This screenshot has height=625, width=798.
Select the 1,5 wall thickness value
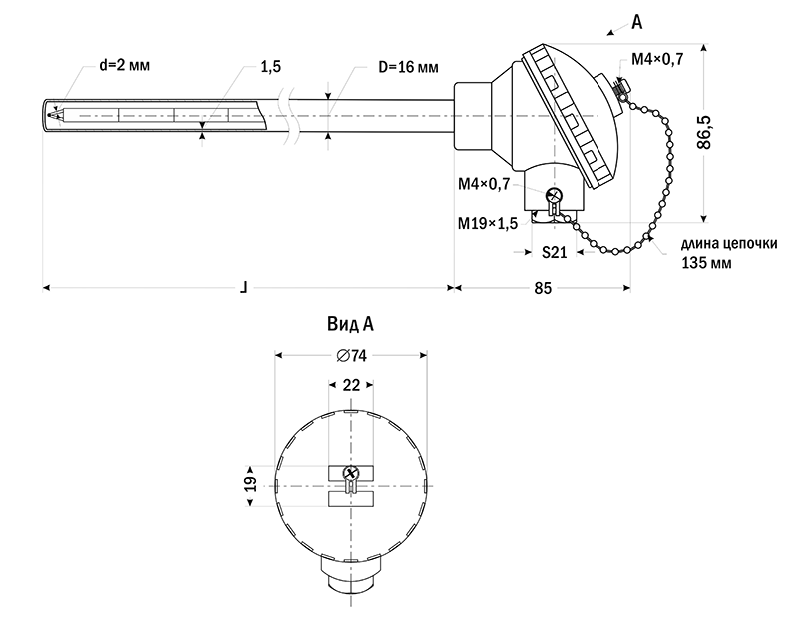[269, 67]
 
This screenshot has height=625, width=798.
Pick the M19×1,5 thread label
[488, 222]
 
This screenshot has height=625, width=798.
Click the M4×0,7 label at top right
[657, 60]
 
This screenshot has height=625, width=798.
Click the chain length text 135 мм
[705, 264]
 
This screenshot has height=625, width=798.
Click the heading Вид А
[350, 324]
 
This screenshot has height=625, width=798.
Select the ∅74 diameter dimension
[353, 356]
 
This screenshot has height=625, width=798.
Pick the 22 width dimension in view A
[351, 384]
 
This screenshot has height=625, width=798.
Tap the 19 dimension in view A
[251, 484]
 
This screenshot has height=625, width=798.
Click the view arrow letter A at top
[637, 19]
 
